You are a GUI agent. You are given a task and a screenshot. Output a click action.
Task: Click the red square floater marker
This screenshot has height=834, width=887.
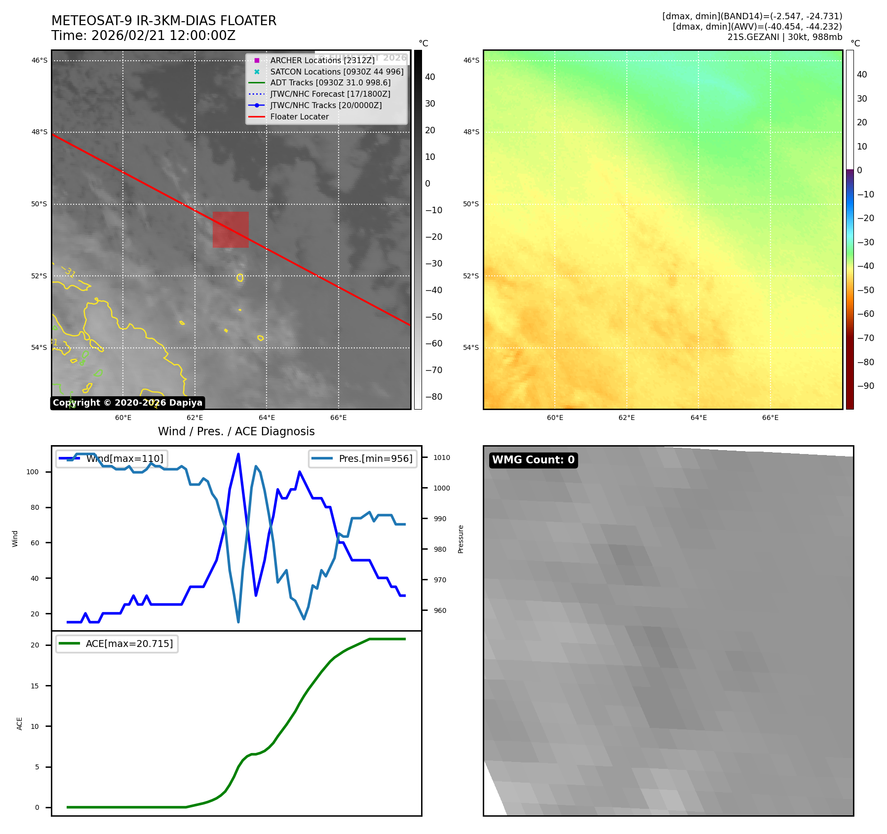coord(231,229)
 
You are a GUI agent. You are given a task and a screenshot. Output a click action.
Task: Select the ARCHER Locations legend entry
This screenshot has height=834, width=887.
coord(322,60)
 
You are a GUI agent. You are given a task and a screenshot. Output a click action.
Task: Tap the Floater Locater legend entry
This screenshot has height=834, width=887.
coord(299,116)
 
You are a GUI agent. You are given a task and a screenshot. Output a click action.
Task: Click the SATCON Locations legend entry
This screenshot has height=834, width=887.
coord(337,72)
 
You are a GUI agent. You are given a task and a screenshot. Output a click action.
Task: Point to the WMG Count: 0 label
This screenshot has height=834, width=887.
coord(533,460)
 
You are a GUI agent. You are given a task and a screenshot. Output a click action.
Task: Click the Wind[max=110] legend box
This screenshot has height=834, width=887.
coord(112,458)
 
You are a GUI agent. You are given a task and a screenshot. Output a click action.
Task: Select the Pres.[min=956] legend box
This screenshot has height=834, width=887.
coord(363,458)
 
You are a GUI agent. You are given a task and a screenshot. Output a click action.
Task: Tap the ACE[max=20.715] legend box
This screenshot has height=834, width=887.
coord(117,644)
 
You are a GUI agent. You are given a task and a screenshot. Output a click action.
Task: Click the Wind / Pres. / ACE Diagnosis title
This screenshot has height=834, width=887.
coord(236,431)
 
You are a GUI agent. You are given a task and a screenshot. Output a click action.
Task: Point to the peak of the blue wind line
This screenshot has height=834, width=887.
coord(238,454)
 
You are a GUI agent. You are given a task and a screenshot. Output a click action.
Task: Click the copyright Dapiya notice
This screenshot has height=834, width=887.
coord(127,403)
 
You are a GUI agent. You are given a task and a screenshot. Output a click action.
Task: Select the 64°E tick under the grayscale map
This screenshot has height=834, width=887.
coord(267,417)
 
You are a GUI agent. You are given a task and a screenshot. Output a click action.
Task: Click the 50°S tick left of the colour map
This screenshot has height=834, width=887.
coord(471,204)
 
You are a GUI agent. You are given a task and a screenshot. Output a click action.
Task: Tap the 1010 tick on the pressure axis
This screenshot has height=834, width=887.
coord(442,457)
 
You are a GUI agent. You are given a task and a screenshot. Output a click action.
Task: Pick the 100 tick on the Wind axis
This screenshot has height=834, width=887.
coord(33,472)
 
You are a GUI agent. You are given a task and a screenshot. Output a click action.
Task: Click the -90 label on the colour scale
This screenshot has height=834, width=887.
coord(866,386)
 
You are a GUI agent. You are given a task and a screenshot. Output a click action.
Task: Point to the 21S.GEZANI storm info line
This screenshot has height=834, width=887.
coord(784,37)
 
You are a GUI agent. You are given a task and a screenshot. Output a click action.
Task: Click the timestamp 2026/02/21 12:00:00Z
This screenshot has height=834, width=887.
coord(163,36)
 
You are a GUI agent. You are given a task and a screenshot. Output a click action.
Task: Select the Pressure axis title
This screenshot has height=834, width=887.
coord(461,539)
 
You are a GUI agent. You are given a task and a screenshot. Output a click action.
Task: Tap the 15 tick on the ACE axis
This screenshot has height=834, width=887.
coord(35,686)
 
